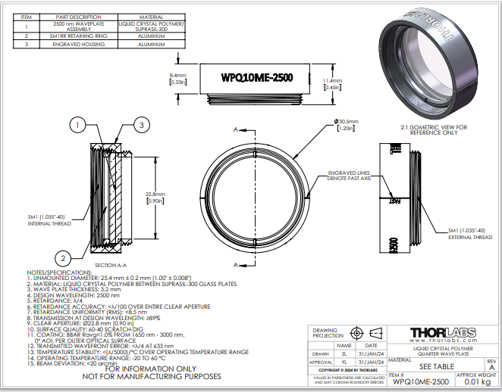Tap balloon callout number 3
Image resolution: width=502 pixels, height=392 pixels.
click(x=140, y=125)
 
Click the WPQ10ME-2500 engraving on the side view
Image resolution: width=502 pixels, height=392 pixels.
click(x=256, y=78)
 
